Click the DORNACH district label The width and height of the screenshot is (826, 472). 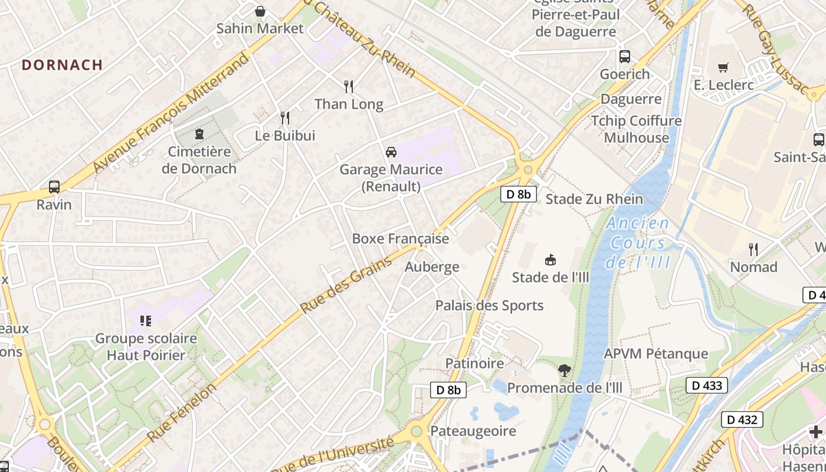(63, 65)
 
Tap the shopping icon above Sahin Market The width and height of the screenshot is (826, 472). (260, 11)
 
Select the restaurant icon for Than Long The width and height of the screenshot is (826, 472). (349, 87)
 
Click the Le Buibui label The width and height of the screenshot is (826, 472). (285, 136)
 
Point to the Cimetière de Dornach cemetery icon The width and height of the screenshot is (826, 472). (199, 134)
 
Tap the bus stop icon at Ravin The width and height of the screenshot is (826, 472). (54, 187)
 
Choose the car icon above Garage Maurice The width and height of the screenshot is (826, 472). (391, 152)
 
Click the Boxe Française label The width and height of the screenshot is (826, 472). (400, 239)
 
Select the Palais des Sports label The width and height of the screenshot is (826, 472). (489, 306)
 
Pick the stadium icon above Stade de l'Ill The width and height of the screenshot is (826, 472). (550, 260)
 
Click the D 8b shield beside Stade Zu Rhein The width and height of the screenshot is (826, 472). (518, 194)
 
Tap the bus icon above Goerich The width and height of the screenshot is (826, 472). (625, 57)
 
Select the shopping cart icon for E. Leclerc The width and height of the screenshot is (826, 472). (723, 67)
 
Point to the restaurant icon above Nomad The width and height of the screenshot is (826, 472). (753, 249)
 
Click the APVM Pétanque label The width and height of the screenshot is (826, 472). (655, 354)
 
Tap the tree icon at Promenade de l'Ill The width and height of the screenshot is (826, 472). (565, 371)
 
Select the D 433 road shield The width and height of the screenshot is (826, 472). (706, 386)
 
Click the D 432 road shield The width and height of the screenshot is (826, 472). (742, 420)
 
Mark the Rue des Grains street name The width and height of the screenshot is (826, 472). (346, 286)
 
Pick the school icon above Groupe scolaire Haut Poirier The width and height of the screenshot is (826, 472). (145, 321)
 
